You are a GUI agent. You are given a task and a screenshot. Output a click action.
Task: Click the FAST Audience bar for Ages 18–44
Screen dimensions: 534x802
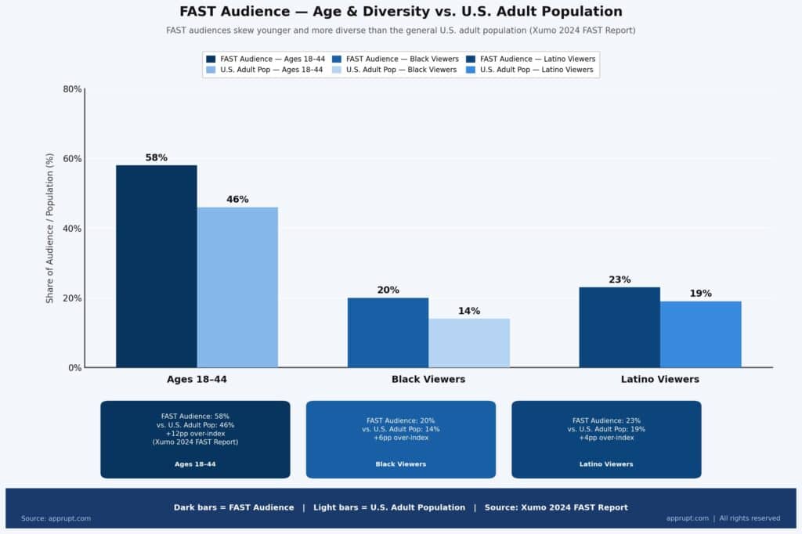[x=157, y=266]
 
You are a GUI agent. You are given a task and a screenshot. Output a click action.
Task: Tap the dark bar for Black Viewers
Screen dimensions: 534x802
[x=388, y=333]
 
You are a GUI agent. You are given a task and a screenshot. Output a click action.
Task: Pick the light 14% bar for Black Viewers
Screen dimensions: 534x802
[x=469, y=343]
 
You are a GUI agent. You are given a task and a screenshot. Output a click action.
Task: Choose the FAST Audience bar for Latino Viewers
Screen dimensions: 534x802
[x=620, y=327]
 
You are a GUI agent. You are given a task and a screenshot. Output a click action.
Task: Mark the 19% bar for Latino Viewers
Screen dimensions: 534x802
[x=700, y=334]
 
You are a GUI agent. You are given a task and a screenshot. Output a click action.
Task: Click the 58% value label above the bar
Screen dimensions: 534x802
[x=157, y=157]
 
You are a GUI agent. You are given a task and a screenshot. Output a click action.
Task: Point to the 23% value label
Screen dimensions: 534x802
[x=620, y=280]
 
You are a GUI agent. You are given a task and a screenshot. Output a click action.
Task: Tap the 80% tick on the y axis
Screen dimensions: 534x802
[x=72, y=89]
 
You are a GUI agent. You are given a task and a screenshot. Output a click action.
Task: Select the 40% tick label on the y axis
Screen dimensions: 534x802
[x=72, y=229]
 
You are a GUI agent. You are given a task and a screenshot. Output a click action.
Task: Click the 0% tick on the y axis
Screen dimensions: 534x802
[x=74, y=368]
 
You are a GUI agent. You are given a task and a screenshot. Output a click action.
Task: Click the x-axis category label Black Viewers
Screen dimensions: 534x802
[x=428, y=379]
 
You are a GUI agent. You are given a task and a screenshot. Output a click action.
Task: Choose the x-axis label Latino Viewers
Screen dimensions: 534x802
[x=659, y=379]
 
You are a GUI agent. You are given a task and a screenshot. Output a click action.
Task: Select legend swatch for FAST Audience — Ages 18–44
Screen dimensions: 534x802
[x=211, y=59]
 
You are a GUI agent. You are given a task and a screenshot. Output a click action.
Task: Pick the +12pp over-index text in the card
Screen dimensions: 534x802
[x=195, y=434]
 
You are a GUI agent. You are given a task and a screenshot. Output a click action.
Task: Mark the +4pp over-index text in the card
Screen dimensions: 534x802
[x=606, y=438]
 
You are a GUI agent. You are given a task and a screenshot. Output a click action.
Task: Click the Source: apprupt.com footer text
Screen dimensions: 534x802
[x=56, y=518]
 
